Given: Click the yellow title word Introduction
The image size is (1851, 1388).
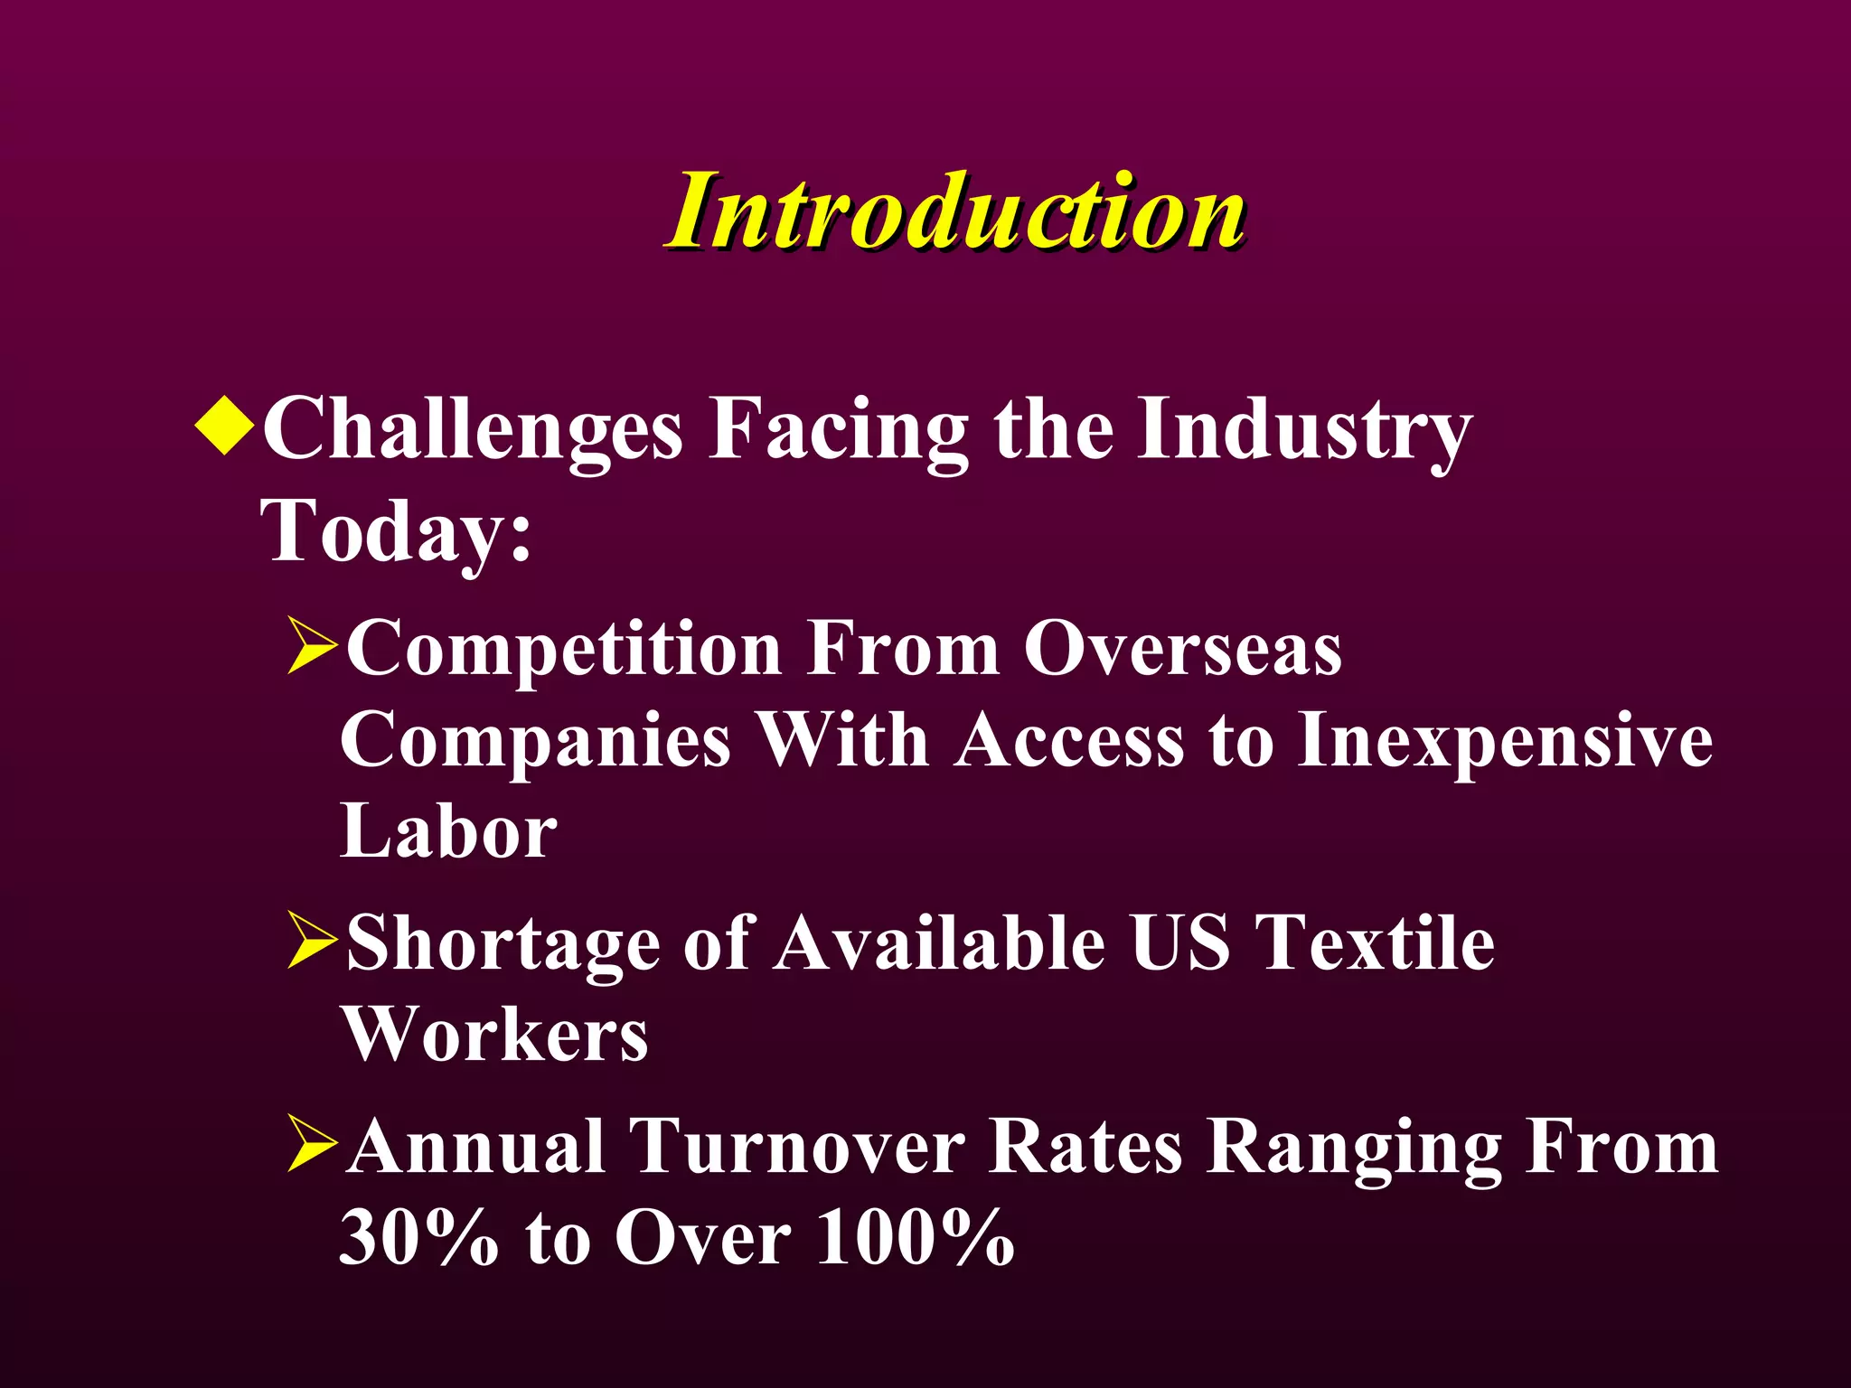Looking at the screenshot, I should coord(956,211).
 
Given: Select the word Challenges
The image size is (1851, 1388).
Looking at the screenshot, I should coord(472,432).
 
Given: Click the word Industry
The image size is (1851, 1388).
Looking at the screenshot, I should coord(1304,432).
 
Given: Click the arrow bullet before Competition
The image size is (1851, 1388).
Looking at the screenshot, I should coord(312,647).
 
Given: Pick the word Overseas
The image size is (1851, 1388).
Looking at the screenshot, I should coord(1182,649).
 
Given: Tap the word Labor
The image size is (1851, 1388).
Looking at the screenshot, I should coord(448,831).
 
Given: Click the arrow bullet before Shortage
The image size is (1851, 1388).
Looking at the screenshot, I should coord(312,942).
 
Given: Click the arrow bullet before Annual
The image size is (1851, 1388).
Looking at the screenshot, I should coord(312,1146).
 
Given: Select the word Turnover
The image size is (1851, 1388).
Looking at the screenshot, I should coord(797,1148).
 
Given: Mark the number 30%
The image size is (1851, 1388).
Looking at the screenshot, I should coord(418,1238).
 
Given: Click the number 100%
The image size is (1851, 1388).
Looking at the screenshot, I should coord(915,1238).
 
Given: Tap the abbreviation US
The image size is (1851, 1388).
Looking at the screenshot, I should coord(1179,943).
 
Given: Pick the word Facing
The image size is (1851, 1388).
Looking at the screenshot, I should coord(839,432).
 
